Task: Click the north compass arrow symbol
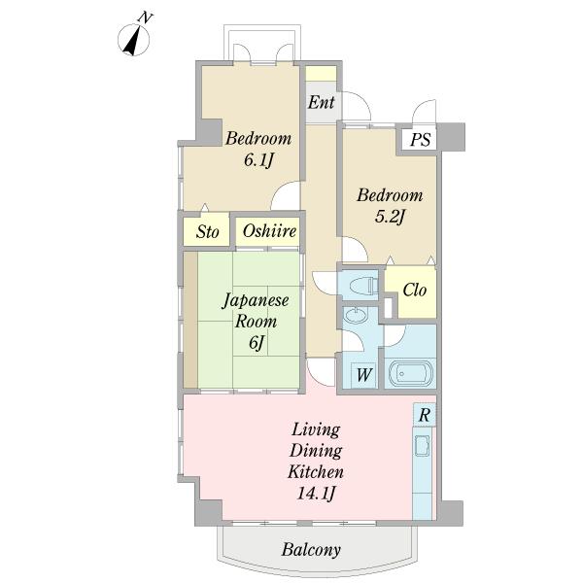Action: click(134, 40)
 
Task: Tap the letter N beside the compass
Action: click(146, 17)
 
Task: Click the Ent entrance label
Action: click(322, 102)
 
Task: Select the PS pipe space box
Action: click(420, 139)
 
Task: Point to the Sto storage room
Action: click(206, 229)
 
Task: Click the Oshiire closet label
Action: click(269, 231)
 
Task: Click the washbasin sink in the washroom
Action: click(356, 316)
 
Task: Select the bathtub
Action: click(411, 373)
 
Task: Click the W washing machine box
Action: click(363, 375)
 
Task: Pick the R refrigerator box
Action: click(425, 415)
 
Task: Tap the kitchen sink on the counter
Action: click(423, 445)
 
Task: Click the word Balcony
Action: click(311, 550)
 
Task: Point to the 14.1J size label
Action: click(317, 494)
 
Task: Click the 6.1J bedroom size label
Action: click(258, 160)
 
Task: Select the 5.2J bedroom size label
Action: click(390, 217)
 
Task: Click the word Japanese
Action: click(256, 300)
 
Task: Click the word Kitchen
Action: click(316, 472)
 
